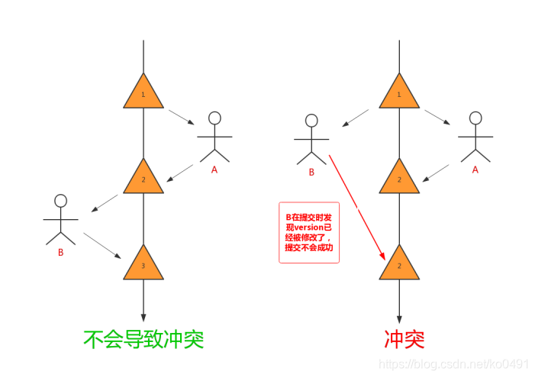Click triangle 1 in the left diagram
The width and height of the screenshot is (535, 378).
[143, 93]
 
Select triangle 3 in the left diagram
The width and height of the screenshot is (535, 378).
[143, 264]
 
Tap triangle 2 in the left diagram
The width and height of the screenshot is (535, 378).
[143, 179]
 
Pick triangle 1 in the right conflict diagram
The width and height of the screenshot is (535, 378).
[399, 93]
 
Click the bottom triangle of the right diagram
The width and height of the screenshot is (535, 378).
[399, 264]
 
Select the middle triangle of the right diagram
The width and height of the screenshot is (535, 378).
[399, 179]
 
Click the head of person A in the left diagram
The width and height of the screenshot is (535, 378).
[214, 118]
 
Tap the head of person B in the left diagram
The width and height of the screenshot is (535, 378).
[61, 201]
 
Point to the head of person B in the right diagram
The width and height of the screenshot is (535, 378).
[311, 121]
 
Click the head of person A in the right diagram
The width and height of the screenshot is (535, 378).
[475, 118]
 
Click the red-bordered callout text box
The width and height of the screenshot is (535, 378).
[309, 232]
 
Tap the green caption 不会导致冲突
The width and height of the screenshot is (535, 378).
[143, 338]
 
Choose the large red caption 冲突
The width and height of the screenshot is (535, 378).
[398, 338]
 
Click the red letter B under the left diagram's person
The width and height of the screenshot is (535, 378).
[60, 252]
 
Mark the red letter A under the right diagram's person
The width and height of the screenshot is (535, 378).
[475, 170]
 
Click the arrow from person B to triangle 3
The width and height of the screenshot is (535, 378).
[105, 246]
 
